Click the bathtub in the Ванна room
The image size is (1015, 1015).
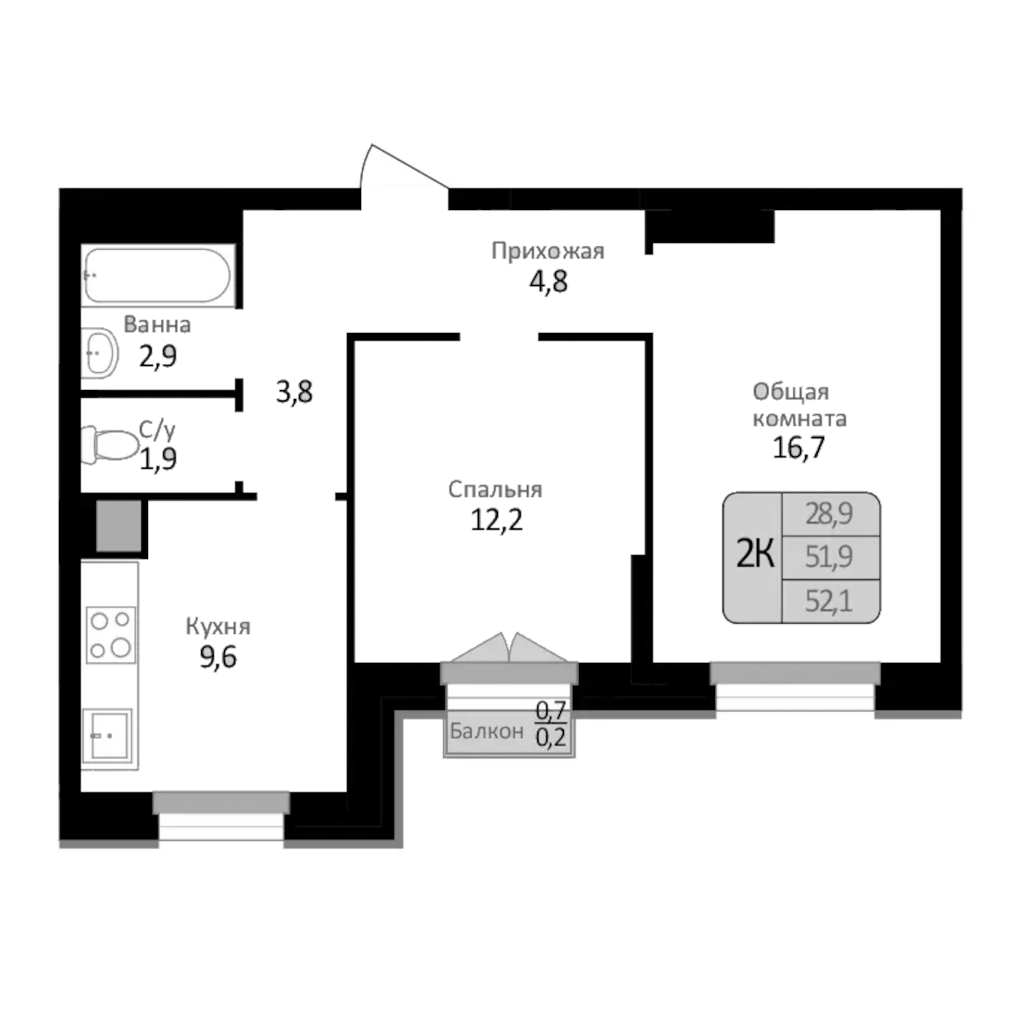click(157, 275)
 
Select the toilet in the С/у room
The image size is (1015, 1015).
click(111, 445)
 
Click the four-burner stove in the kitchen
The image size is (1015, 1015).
click(111, 634)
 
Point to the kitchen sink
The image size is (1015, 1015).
click(107, 735)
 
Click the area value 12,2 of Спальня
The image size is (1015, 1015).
click(496, 520)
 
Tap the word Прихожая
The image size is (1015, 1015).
click(548, 251)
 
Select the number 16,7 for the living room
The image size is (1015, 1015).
click(798, 448)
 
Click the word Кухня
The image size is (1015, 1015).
click(218, 626)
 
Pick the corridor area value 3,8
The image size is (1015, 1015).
click(294, 392)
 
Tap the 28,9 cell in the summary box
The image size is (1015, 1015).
click(828, 514)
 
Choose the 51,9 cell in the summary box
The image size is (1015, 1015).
click(828, 557)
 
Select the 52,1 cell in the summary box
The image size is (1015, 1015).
click(828, 601)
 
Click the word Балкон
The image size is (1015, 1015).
click(486, 731)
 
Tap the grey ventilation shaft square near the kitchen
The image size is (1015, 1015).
click(118, 526)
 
